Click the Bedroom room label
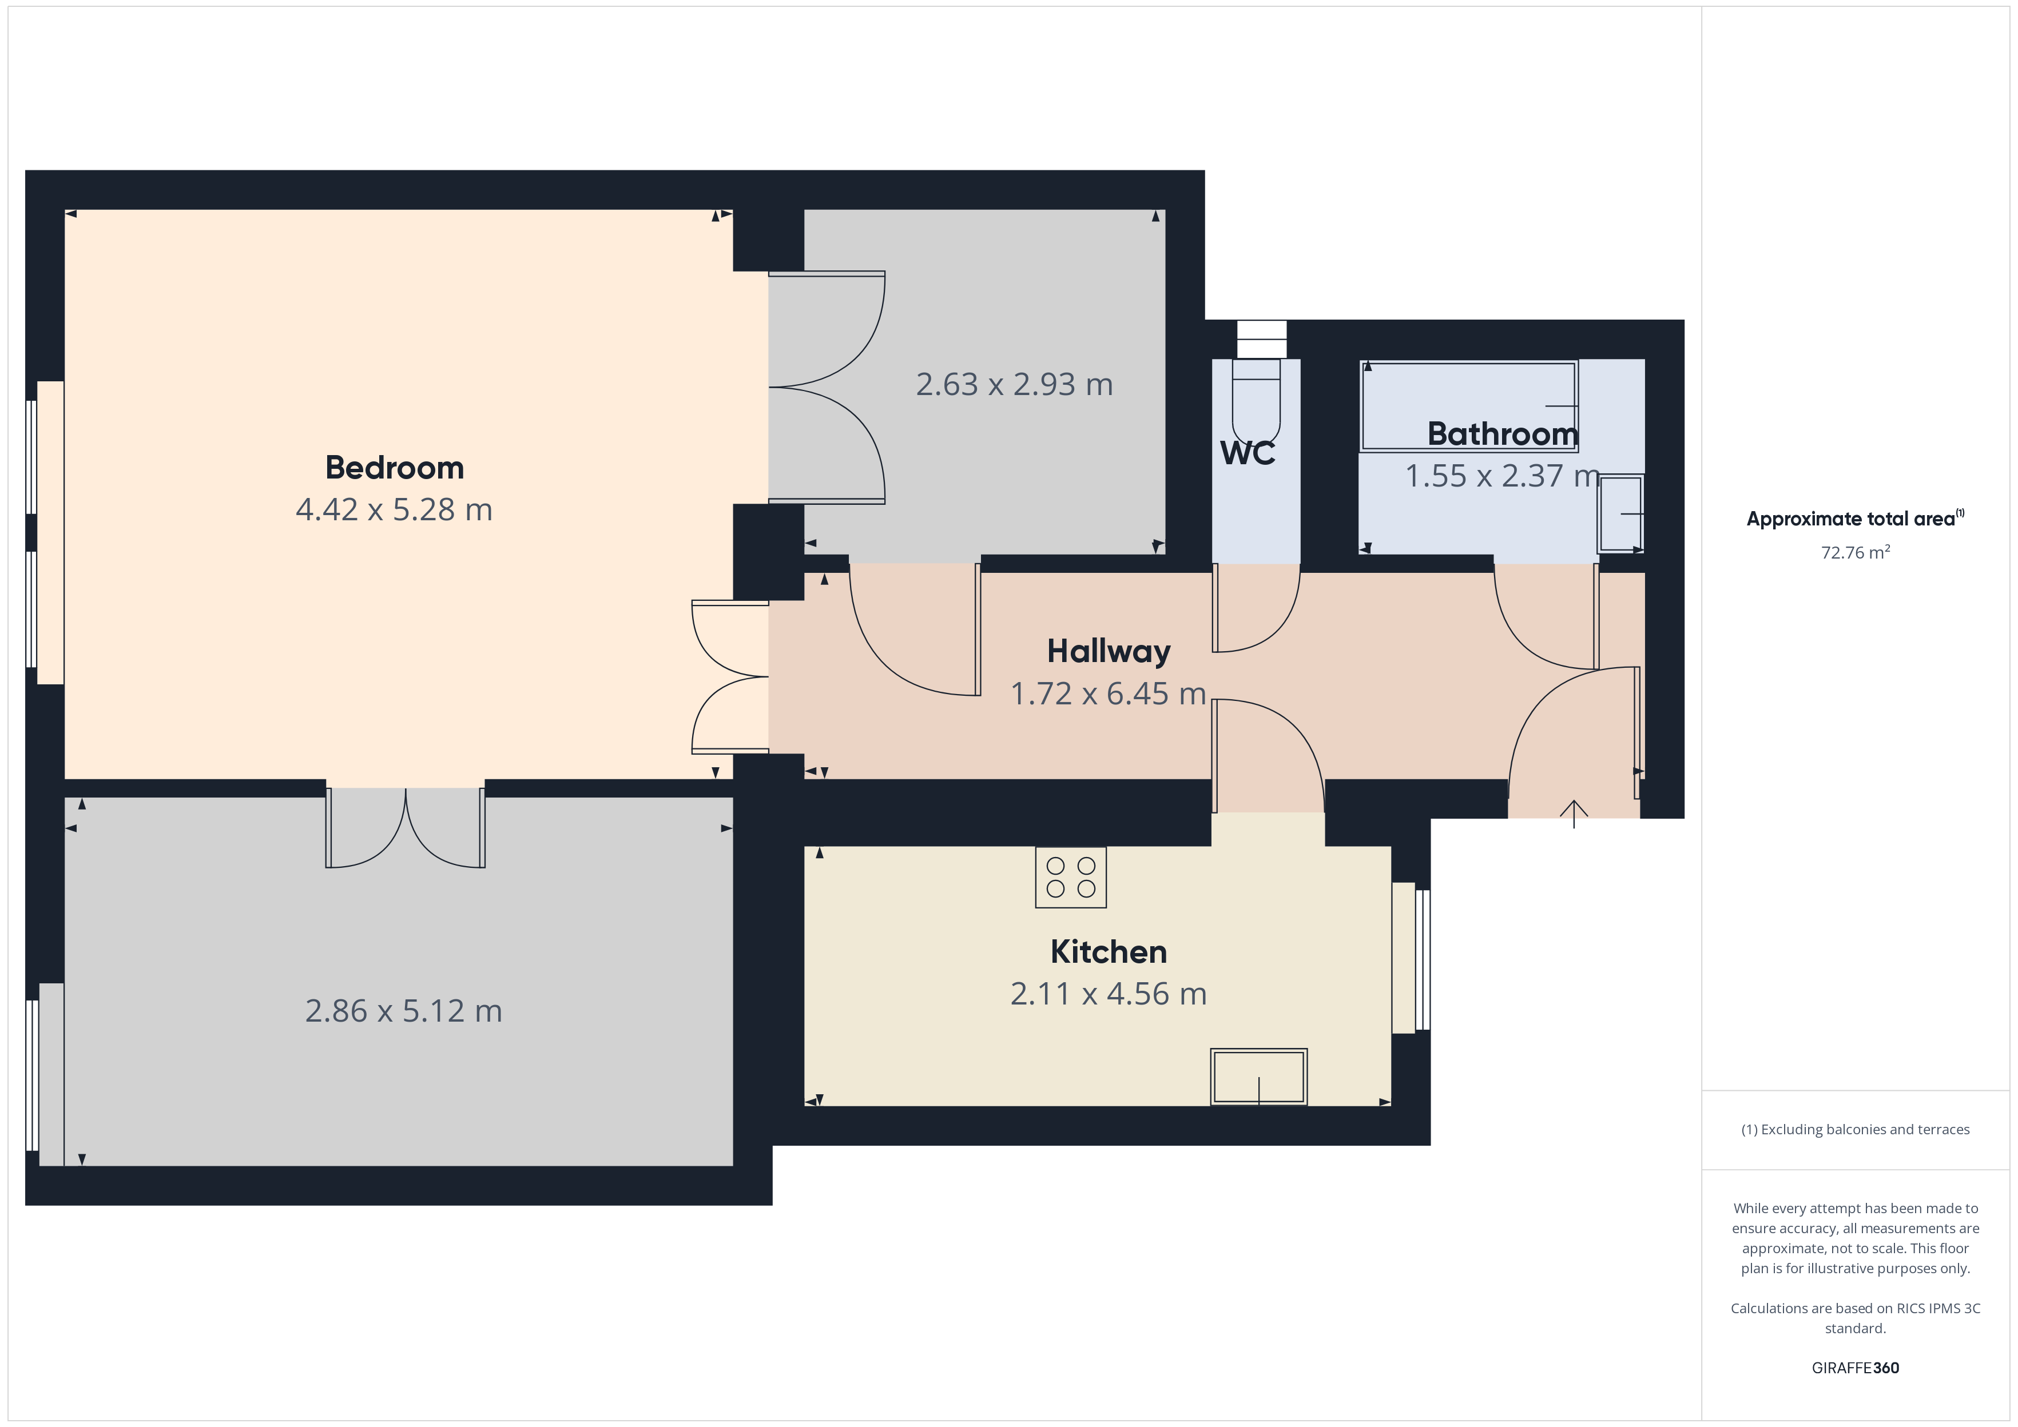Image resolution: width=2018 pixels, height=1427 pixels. coord(395,468)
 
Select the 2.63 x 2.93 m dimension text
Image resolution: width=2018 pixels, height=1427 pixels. coord(1014,384)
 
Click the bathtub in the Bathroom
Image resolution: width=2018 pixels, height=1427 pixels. coord(1469,406)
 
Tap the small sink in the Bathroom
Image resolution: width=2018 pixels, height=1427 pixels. coord(1620,513)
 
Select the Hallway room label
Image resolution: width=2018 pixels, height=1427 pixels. coord(1109,652)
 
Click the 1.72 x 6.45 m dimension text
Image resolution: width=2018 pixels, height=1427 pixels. coord(1109,694)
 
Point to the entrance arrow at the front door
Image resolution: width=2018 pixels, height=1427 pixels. coord(1573,814)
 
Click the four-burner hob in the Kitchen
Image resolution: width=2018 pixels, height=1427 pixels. coord(1071,877)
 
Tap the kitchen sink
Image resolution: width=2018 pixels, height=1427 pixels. coord(1258,1077)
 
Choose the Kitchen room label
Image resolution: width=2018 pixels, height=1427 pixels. coord(1109,952)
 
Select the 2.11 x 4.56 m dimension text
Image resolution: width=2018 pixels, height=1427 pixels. coord(1109,994)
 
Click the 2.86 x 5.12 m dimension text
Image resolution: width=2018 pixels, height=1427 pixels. coord(403,1011)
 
